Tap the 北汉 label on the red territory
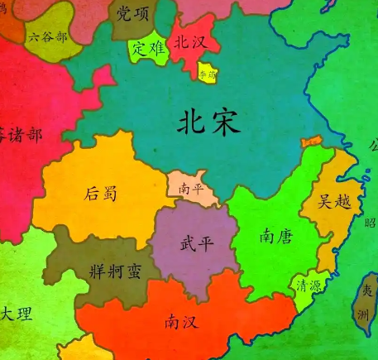(189, 42)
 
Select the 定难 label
(149, 48)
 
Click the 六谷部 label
(47, 36)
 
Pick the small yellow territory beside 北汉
(207, 73)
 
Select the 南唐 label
(273, 237)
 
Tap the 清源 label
(310, 285)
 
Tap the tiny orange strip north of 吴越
(313, 142)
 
